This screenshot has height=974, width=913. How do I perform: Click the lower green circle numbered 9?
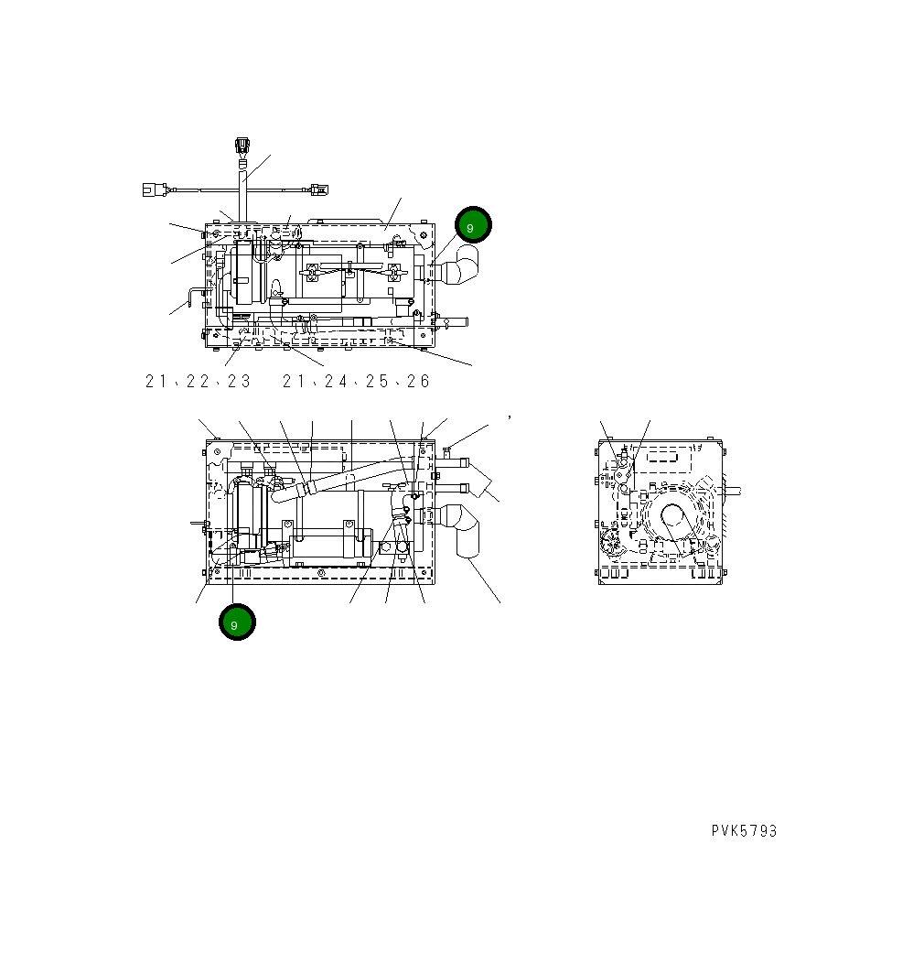pyautogui.click(x=237, y=622)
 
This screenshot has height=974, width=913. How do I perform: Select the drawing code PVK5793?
pyautogui.click(x=744, y=831)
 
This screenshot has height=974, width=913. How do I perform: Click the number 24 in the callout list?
pyautogui.click(x=336, y=382)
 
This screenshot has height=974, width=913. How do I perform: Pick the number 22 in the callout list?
pyautogui.click(x=197, y=382)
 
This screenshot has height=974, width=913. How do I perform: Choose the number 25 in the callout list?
pyautogui.click(x=377, y=382)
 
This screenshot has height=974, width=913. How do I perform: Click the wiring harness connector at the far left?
pyautogui.click(x=152, y=190)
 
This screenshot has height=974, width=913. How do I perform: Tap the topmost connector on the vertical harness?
pyautogui.click(x=242, y=146)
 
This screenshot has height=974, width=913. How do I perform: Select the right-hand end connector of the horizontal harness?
pyautogui.click(x=317, y=190)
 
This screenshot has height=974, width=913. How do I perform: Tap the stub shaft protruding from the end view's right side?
pyautogui.click(x=732, y=491)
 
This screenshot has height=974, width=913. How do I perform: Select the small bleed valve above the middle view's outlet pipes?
pyautogui.click(x=447, y=449)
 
